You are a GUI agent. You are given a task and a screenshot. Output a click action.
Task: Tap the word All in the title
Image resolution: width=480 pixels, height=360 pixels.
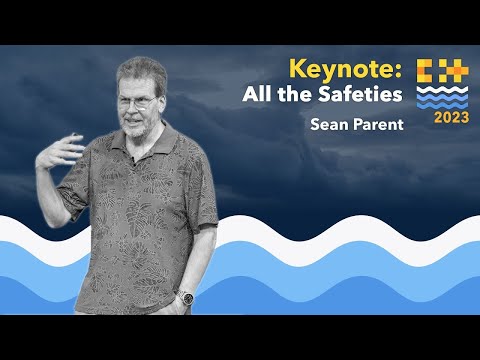260,95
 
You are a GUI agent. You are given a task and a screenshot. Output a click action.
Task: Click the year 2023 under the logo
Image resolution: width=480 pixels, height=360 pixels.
441,117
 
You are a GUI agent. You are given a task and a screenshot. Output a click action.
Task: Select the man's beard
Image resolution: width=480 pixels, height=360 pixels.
139,127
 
